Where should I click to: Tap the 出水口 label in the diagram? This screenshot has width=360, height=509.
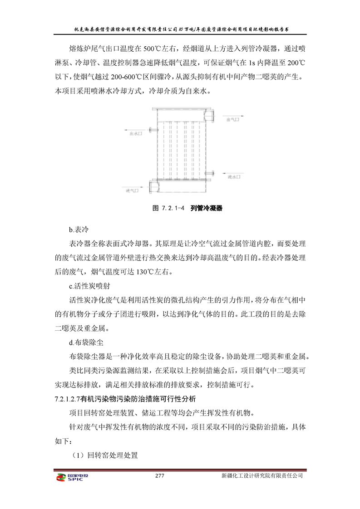pyautogui.click(x=136, y=134)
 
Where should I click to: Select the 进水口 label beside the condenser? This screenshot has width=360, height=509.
pyautogui.click(x=234, y=177)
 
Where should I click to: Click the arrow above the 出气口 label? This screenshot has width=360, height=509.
pyautogui.click(x=235, y=116)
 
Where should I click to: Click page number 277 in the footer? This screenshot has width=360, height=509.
pyautogui.click(x=159, y=476)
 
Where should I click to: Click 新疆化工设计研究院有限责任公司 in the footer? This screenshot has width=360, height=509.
pyautogui.click(x=262, y=476)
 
